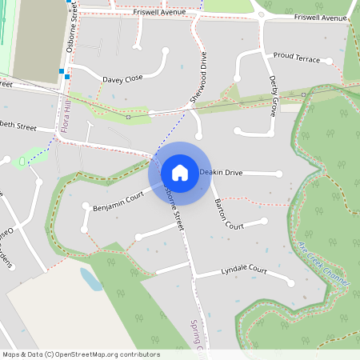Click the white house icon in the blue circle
click(179, 173)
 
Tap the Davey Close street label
click(122, 78)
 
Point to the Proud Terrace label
click(296, 58)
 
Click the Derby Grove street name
click(273, 96)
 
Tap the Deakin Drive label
click(222, 172)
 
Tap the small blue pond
click(90, 279)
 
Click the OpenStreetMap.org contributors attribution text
click(105, 354)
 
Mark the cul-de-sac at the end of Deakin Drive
click(279, 174)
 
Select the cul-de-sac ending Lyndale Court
click(290, 283)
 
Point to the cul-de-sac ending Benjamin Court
click(86, 207)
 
